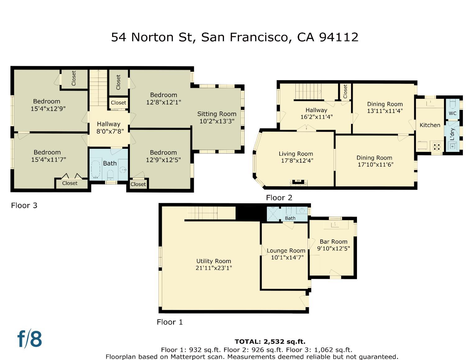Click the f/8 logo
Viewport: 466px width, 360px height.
[x=30, y=339]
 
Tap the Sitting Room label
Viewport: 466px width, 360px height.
[x=217, y=114]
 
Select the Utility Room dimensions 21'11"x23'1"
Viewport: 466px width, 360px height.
[x=214, y=268]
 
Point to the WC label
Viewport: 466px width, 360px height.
[x=452, y=113]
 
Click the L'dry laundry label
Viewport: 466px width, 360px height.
[x=452, y=134]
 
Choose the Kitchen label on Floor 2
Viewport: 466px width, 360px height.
[x=430, y=125]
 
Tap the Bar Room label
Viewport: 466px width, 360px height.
[x=333, y=242]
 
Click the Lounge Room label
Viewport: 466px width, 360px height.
[x=286, y=251]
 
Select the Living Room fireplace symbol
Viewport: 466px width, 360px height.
[x=299, y=182]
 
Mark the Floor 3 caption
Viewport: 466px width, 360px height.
[x=24, y=205]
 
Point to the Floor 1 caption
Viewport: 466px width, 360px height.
[x=170, y=322]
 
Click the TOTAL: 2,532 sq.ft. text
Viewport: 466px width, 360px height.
[x=270, y=342]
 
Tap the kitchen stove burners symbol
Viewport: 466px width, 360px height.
[x=436, y=147]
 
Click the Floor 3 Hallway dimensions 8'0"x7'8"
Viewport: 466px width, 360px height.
[x=108, y=131]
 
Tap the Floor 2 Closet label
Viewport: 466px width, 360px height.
[x=345, y=91]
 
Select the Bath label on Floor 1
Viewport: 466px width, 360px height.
[x=290, y=218]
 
